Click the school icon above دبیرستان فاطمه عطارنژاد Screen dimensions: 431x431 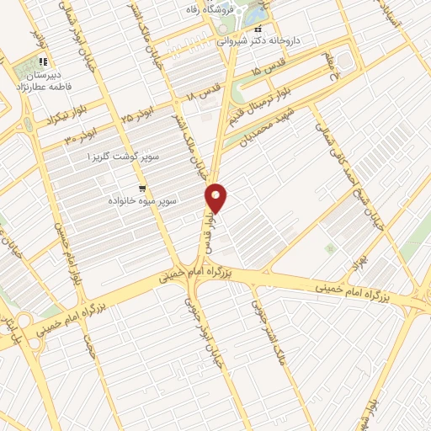tap(43, 61)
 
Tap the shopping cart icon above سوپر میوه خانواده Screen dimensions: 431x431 tap(142, 189)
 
